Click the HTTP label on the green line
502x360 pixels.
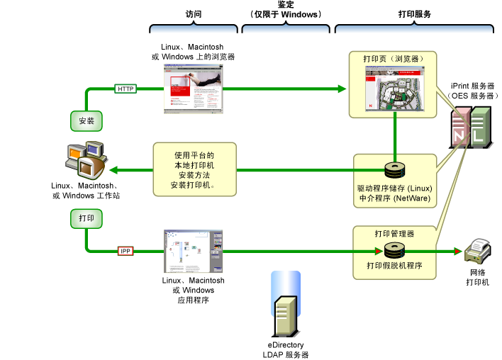click(x=125, y=89)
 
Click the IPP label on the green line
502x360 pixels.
click(x=125, y=251)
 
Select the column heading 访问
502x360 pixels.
click(x=193, y=14)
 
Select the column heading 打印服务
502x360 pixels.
click(x=415, y=14)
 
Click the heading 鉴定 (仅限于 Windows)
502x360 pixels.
click(x=286, y=9)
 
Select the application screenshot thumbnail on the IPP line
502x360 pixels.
click(x=194, y=251)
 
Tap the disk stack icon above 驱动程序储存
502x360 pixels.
click(x=394, y=170)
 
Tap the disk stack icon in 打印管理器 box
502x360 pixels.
click(x=394, y=250)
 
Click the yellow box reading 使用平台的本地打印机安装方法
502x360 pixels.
click(x=194, y=169)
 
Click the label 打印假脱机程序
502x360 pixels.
click(x=394, y=266)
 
